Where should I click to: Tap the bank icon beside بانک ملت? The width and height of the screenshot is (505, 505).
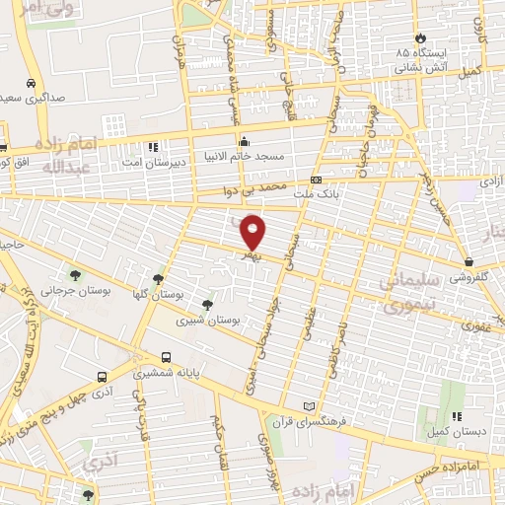pos(316,180)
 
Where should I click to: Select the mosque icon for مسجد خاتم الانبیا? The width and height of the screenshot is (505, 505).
pos(244,141)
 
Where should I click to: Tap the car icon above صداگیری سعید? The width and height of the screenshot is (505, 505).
pos(32,83)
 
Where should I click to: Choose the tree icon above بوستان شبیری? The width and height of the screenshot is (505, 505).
pos(206,306)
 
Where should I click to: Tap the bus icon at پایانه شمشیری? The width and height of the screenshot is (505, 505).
pos(166,357)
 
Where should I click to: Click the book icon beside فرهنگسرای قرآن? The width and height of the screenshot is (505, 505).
pos(312,406)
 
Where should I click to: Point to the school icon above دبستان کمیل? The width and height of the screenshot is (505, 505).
pos(455,417)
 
